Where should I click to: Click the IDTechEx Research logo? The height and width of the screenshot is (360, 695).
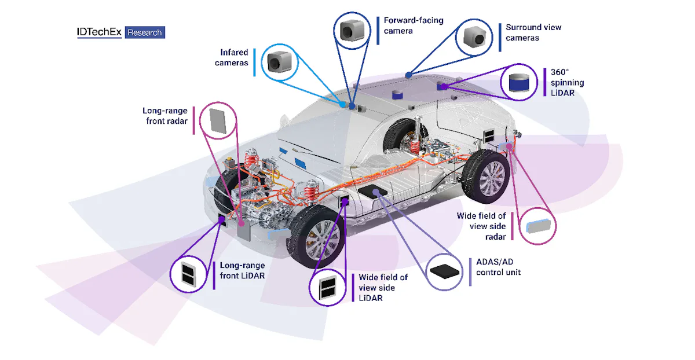(120, 32)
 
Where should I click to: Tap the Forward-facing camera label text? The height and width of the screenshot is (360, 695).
(413, 25)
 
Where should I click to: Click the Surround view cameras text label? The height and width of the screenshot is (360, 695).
(533, 32)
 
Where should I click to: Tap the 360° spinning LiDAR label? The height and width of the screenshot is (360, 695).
(566, 82)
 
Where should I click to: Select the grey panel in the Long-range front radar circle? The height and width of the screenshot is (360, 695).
(218, 119)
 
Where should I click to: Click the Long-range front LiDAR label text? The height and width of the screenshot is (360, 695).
(242, 270)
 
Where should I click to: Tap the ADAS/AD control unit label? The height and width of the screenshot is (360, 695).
(498, 267)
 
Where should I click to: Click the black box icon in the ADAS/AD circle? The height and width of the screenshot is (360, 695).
(447, 270)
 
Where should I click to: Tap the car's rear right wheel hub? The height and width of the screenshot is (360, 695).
(492, 177)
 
